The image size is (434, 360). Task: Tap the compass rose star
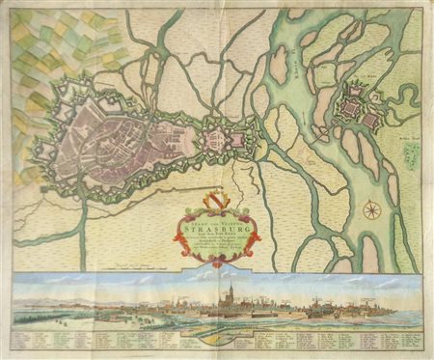pyautogui.click(x=370, y=208)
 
